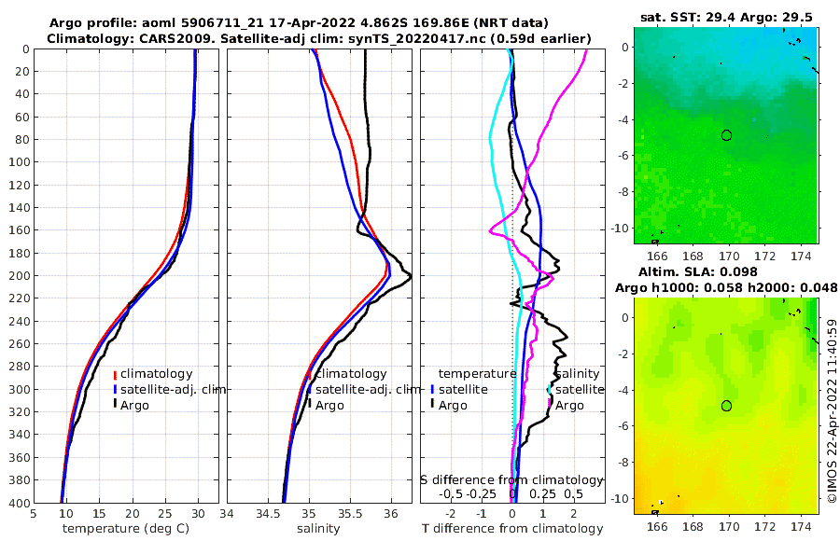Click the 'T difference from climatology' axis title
[x=511, y=529]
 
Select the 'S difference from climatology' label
[x=512, y=479]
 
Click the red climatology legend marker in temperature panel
[x=115, y=374]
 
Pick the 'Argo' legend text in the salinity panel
[x=329, y=405]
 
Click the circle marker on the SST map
[x=726, y=135]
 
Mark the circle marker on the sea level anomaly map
[x=726, y=406]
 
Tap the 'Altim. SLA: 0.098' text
[x=725, y=271]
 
